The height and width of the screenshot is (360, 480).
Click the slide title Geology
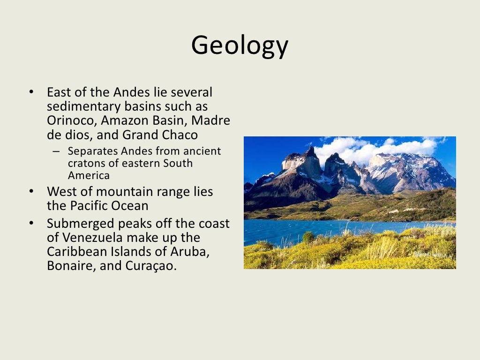tap(240, 45)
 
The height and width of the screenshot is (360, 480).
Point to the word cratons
tap(84, 164)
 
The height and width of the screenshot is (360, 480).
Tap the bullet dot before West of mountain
tap(31, 191)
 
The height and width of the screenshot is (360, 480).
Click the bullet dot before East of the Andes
tap(31, 92)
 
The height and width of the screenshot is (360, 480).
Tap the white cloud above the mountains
tap(370, 148)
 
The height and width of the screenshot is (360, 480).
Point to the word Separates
tap(90, 151)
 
